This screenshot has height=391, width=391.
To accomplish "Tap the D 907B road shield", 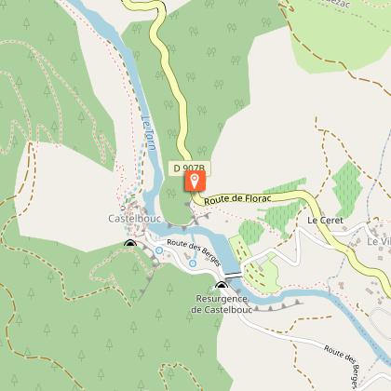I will pyautogui.click(x=191, y=169).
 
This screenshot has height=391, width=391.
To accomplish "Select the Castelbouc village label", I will pyautogui.click(x=124, y=220).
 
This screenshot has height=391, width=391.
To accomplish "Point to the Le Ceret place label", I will pyautogui.click(x=325, y=221).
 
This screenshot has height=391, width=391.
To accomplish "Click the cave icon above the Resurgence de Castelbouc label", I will pyautogui.click(x=222, y=286).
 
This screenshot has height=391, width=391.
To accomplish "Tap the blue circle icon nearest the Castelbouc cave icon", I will pyautogui.click(x=159, y=250).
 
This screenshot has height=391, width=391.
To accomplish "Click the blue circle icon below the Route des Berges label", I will pyautogui.click(x=193, y=264).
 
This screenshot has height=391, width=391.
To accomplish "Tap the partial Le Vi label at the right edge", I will pyautogui.click(x=378, y=241).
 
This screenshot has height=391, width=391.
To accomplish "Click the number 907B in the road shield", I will pyautogui.click(x=195, y=169).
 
